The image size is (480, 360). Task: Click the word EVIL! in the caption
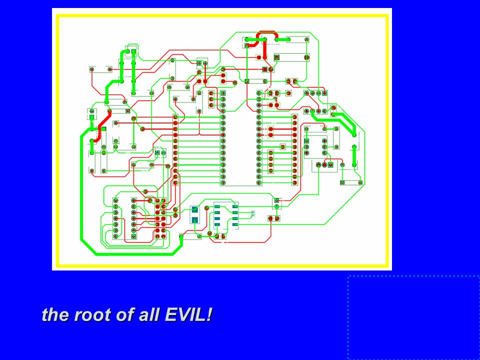click(188, 314)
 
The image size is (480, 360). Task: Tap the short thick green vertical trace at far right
click(354, 156)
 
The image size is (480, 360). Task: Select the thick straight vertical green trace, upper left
click(133, 72)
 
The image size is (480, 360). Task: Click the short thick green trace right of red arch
click(282, 39)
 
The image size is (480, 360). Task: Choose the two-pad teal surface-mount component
click(194, 214)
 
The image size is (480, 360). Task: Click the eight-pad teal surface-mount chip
click(226, 215)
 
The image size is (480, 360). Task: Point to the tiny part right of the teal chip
click(252, 213)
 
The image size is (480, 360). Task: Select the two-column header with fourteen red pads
click(160, 218)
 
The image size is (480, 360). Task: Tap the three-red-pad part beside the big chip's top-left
click(211, 99)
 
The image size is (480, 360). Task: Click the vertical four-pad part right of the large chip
click(270, 161)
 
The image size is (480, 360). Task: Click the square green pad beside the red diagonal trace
click(104, 129)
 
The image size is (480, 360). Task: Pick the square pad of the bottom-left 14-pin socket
click(134, 236)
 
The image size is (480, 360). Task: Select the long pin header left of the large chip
click(175, 149)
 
